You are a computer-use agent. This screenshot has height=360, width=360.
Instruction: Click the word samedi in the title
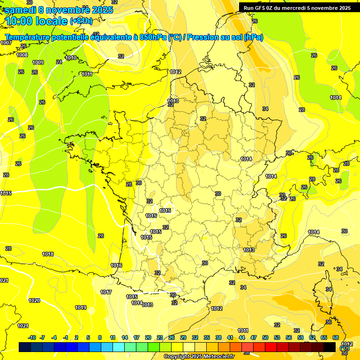tap(20, 9)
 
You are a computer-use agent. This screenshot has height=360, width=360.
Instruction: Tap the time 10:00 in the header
tap(21, 21)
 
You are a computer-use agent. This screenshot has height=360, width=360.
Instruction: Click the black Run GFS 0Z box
tap(297, 7)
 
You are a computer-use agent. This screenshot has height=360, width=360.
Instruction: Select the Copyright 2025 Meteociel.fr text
tap(199, 356)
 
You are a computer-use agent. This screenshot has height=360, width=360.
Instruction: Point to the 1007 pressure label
tap(6, 43)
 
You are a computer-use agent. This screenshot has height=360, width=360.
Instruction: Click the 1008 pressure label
tap(22, 55)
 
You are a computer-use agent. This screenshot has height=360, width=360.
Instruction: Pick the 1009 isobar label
tap(38, 62)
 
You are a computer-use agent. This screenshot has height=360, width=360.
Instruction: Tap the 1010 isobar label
tap(71, 58)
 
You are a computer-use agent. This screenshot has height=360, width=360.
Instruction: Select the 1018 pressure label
tap(48, 254)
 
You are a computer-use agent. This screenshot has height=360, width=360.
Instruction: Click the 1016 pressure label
tap(116, 265)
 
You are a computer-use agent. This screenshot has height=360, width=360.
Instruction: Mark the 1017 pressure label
tap(106, 292)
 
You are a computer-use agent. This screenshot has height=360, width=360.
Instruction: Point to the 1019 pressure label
tap(81, 307)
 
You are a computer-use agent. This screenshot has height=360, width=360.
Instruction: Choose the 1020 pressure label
tap(34, 300)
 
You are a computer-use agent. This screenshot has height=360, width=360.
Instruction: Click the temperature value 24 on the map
tap(59, 62)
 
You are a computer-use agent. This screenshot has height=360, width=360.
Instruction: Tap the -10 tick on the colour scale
tap(32, 337)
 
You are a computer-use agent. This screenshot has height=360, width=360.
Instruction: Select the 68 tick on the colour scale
tap(336, 337)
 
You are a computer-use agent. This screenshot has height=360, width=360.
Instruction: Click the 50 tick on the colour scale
tap(265, 337)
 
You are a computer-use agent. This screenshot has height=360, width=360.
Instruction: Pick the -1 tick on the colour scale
tap(66, 337)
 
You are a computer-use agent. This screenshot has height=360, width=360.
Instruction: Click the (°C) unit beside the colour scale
tap(344, 348)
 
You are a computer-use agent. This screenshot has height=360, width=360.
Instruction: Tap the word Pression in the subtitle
tap(203, 37)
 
